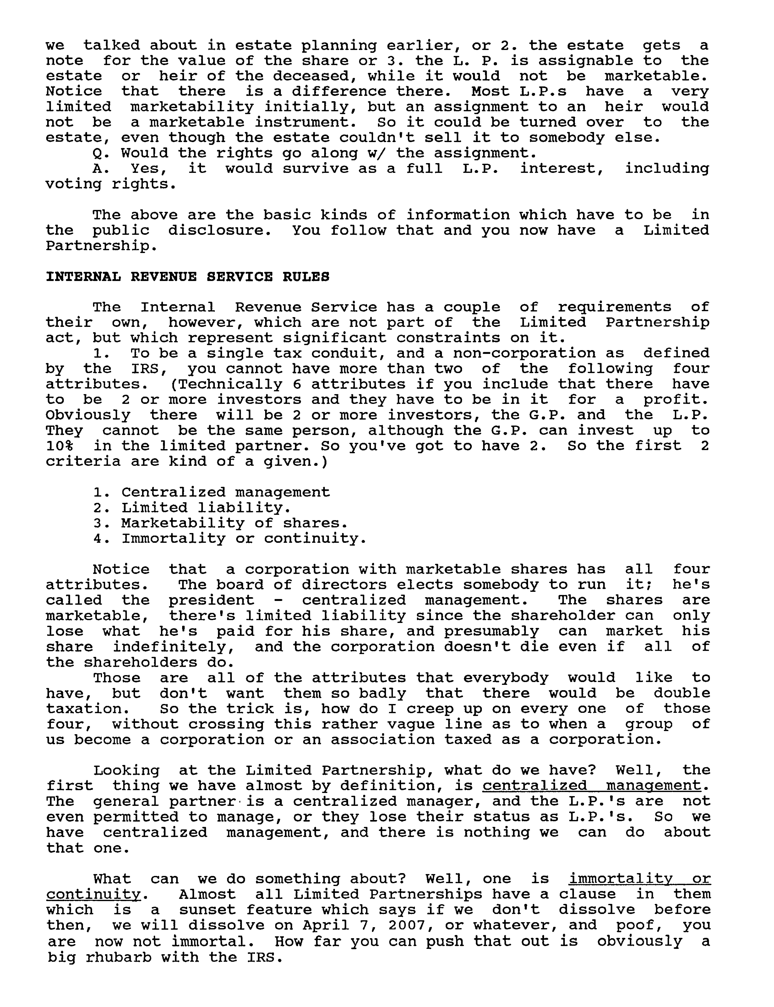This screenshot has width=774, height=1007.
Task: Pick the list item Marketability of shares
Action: [234, 523]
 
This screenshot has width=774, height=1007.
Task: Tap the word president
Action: [211, 600]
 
